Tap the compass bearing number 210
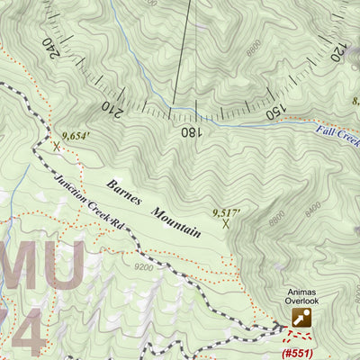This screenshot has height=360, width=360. [112, 108]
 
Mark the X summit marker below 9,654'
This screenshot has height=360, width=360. [57, 145]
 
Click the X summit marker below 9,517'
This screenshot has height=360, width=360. [225, 224]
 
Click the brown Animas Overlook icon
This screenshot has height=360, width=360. [301, 317]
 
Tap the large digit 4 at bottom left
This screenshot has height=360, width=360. [24, 340]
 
